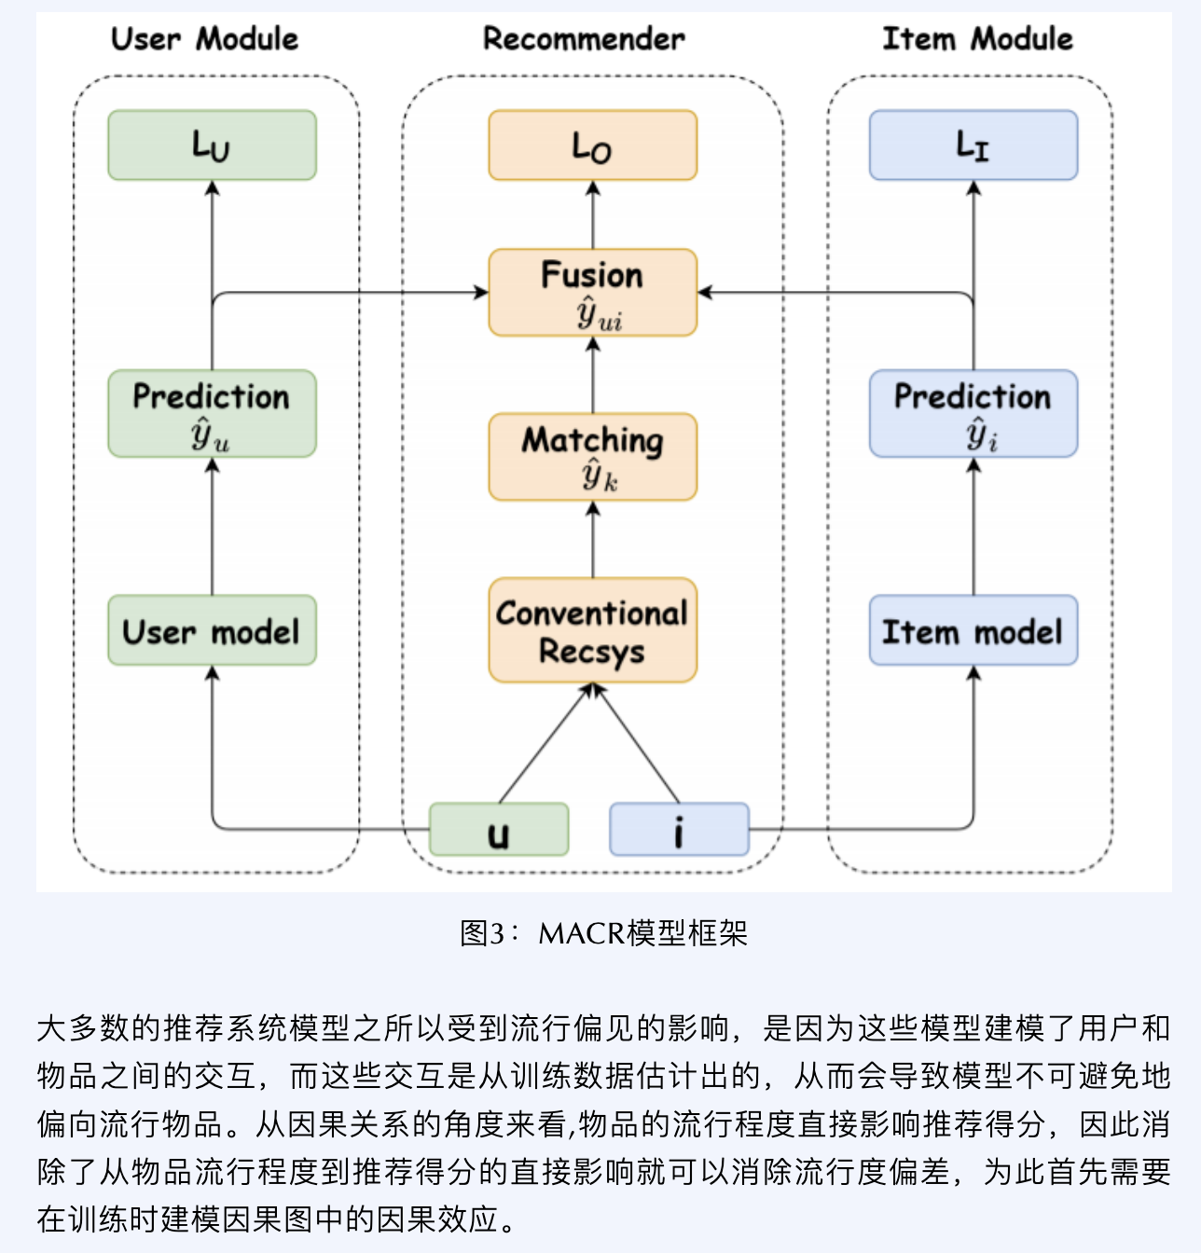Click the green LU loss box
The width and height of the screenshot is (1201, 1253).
point(212,145)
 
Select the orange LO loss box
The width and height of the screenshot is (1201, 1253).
point(592,145)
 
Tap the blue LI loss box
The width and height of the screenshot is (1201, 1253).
point(973,145)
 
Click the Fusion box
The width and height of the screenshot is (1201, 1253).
point(592,292)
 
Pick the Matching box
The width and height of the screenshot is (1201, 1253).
point(592,457)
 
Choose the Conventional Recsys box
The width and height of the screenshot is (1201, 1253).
point(592,630)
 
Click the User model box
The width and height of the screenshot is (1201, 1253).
point(212,630)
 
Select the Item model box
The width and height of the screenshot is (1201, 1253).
point(973,630)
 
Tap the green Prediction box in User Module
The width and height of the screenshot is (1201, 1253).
point(212,413)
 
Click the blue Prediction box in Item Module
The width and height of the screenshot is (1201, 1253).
point(973,413)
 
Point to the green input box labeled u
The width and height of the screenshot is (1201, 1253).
point(498,829)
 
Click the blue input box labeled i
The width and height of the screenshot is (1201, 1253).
point(679,829)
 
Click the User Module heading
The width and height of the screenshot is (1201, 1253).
point(204,39)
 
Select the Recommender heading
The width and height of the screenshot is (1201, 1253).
point(584,39)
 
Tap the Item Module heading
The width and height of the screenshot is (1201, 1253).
point(977,39)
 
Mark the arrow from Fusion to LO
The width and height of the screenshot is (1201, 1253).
point(592,214)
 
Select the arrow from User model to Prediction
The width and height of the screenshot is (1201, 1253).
point(212,527)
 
